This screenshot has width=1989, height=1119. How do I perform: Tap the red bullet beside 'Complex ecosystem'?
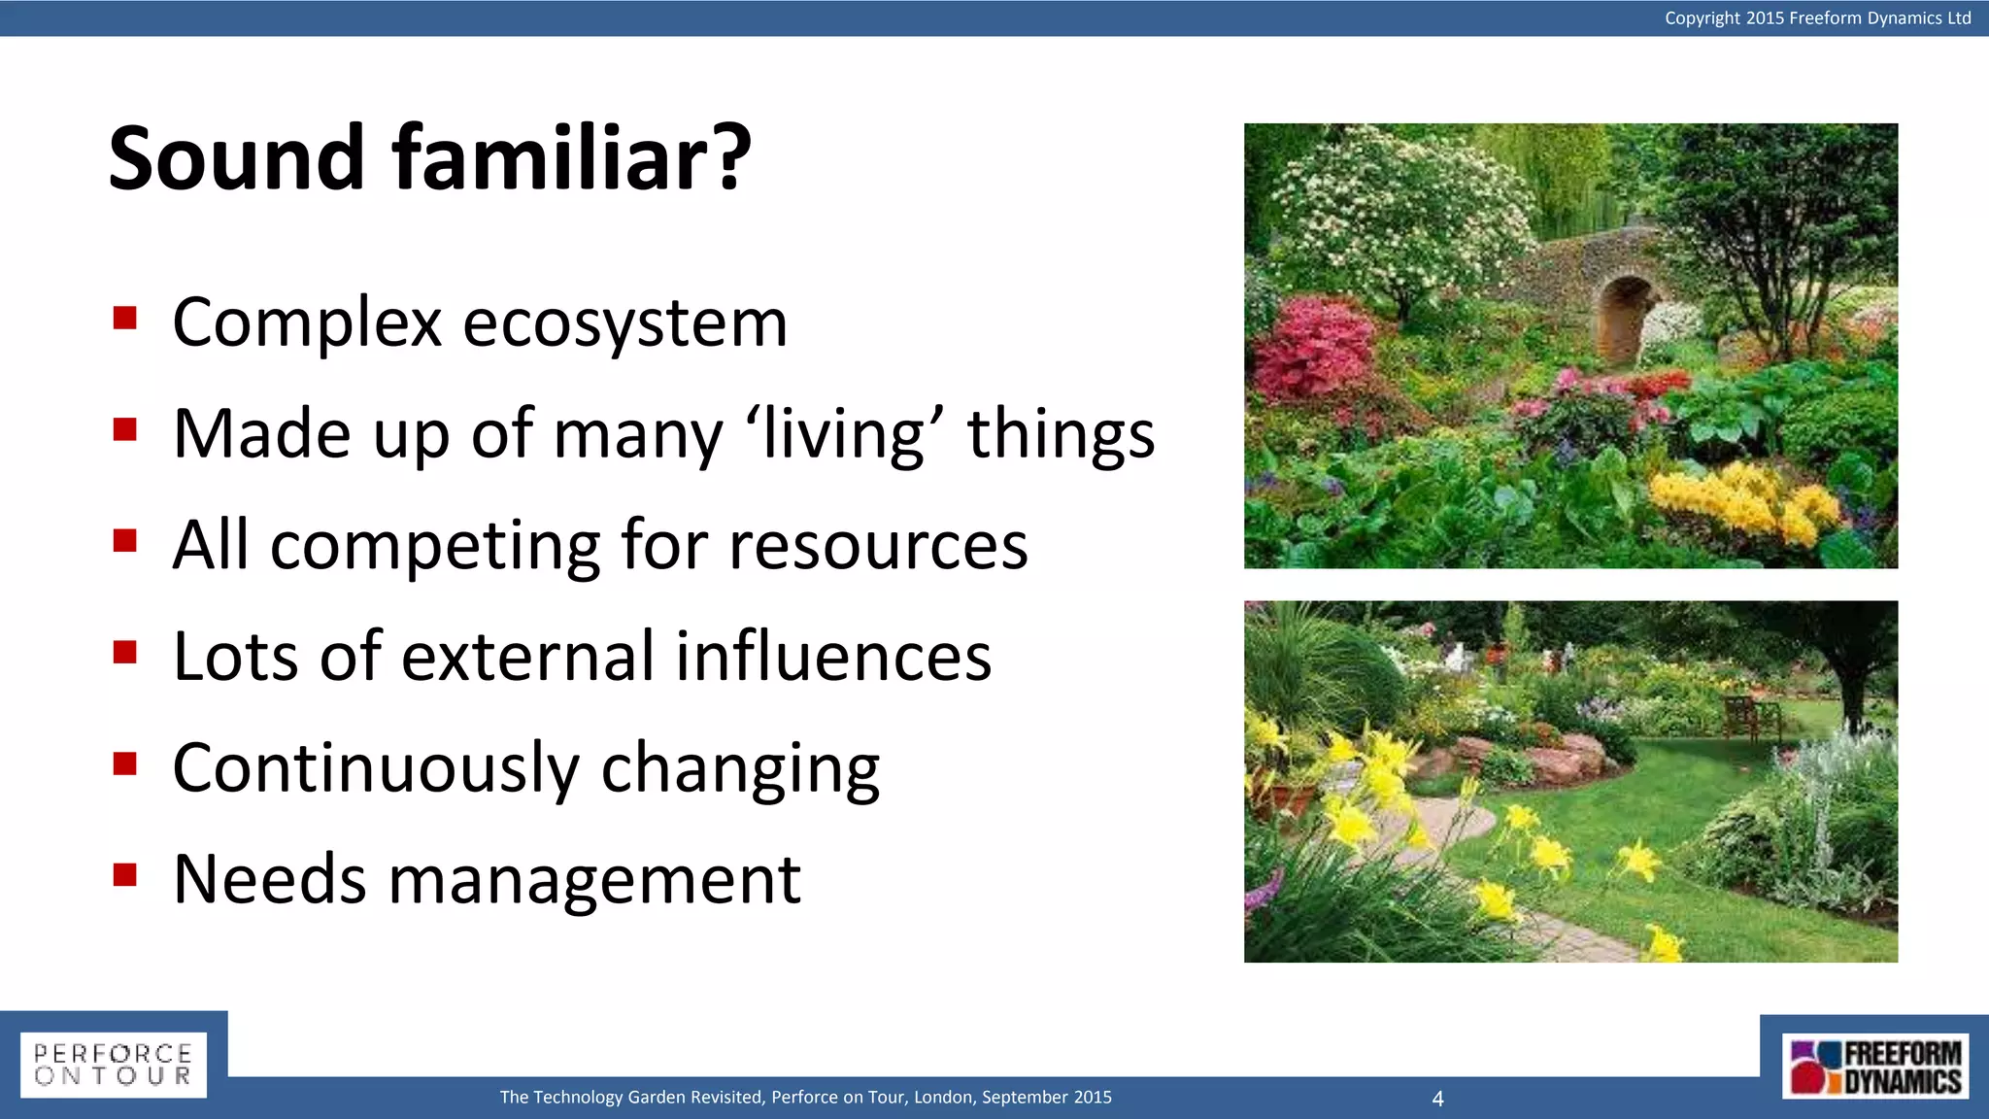(124, 319)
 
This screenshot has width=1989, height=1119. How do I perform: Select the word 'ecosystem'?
(624, 323)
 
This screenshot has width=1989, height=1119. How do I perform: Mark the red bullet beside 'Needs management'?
(124, 875)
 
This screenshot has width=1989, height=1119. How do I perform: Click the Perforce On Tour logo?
(114, 1065)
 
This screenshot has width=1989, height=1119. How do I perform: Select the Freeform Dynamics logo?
(1874, 1067)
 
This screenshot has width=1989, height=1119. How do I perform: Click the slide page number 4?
(1437, 1099)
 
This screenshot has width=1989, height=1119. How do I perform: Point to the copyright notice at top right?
(1817, 17)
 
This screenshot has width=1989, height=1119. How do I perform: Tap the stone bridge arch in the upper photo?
(1628, 316)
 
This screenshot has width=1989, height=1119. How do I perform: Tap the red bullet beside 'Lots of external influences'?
(124, 652)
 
